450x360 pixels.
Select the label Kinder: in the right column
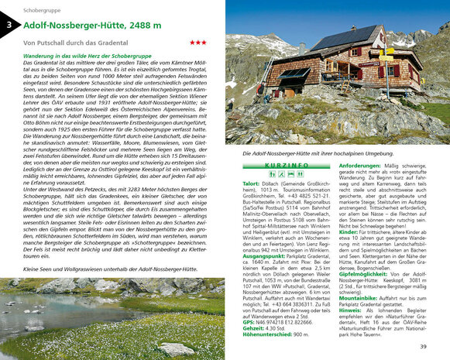point(348,230)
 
